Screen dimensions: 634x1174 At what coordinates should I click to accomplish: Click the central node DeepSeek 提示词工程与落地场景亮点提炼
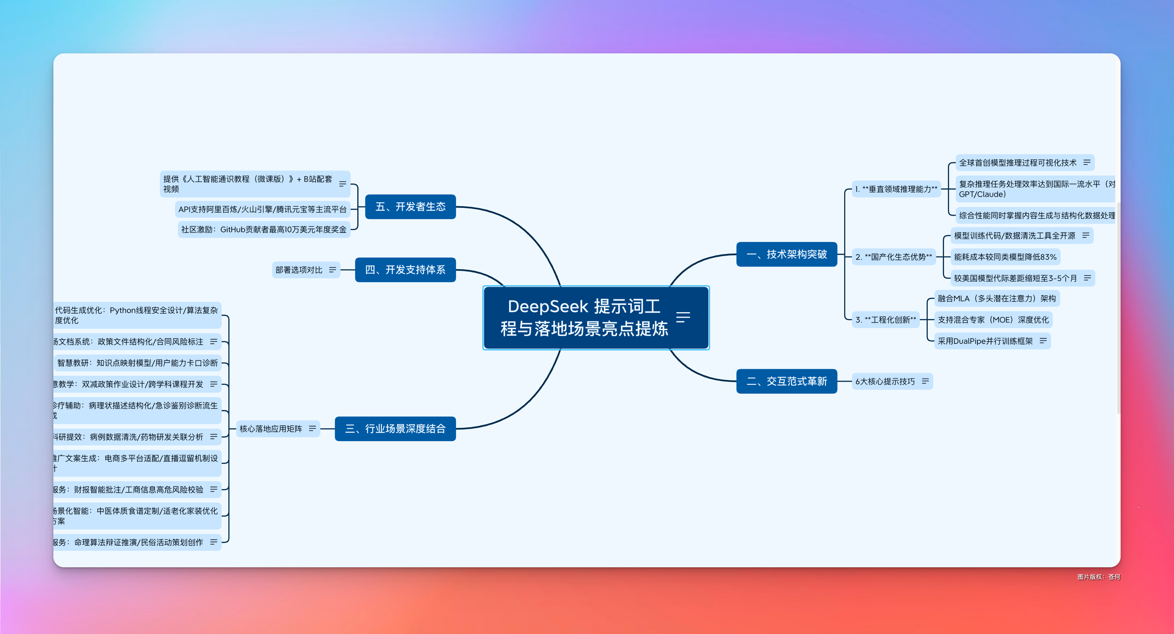tap(584, 318)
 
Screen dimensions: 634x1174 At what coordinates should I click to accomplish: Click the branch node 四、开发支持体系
tap(405, 270)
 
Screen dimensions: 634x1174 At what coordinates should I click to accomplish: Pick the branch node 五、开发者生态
tap(410, 207)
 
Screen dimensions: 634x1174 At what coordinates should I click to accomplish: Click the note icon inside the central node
tap(683, 317)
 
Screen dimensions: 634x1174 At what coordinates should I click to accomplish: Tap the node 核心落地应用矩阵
tap(271, 429)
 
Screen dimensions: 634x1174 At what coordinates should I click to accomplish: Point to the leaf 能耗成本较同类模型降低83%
tap(1005, 257)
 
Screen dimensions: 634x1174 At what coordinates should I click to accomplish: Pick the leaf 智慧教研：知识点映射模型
tap(137, 363)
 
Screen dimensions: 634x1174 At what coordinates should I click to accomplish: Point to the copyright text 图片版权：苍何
tap(1098, 577)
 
